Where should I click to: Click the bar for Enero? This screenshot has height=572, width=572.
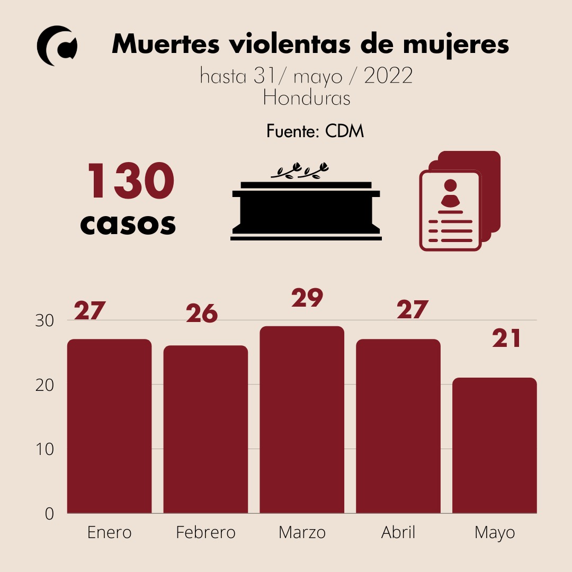[x=109, y=426]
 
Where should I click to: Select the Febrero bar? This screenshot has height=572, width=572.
[x=205, y=429]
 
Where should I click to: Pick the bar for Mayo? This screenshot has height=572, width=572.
[x=495, y=445]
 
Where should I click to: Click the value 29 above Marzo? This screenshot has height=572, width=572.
[x=307, y=298]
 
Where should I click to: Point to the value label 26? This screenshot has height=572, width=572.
[x=202, y=314]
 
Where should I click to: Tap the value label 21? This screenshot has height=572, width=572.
[x=507, y=339]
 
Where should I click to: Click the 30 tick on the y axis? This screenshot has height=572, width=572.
[x=45, y=321]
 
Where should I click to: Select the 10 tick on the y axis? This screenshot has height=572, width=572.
[x=45, y=449]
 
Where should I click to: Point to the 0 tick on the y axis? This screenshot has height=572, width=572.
[x=49, y=514]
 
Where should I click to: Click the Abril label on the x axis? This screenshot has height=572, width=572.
[x=398, y=532]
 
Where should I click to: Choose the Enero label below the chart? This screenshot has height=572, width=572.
[x=109, y=532]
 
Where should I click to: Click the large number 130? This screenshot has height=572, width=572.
[x=130, y=182]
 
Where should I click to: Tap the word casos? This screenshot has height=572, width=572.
[x=128, y=224]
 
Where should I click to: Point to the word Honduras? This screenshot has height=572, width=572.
[x=307, y=98]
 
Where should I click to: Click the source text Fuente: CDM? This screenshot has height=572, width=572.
[x=315, y=131]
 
